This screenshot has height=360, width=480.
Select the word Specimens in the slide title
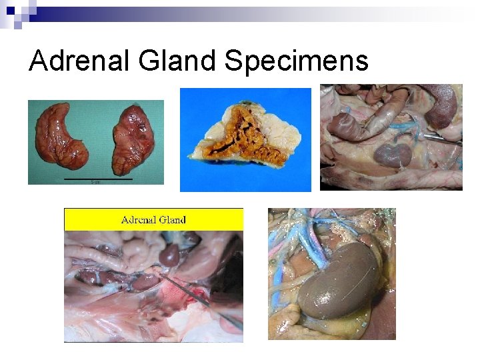point(296,61)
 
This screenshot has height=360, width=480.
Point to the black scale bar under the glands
point(98,179)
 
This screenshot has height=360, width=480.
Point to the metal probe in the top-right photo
point(443,140)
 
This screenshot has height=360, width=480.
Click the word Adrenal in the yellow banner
point(137,219)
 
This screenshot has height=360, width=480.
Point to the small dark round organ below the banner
point(170,255)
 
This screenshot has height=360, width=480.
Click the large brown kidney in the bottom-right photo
point(337,280)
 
